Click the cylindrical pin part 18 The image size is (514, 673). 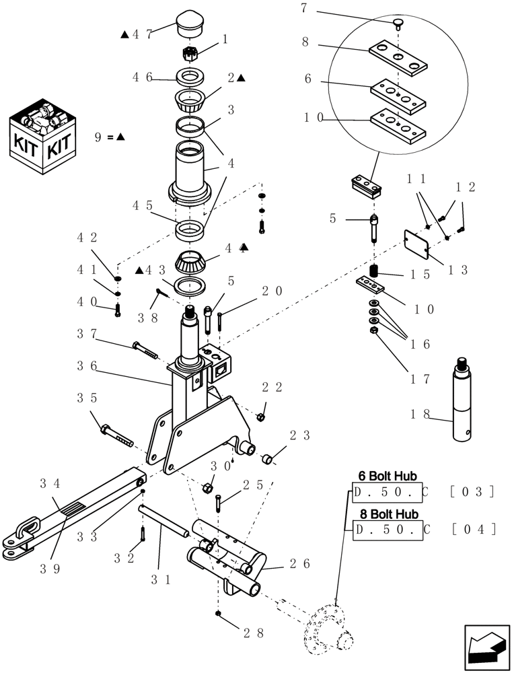point(463,400)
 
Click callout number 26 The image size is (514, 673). point(300,563)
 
